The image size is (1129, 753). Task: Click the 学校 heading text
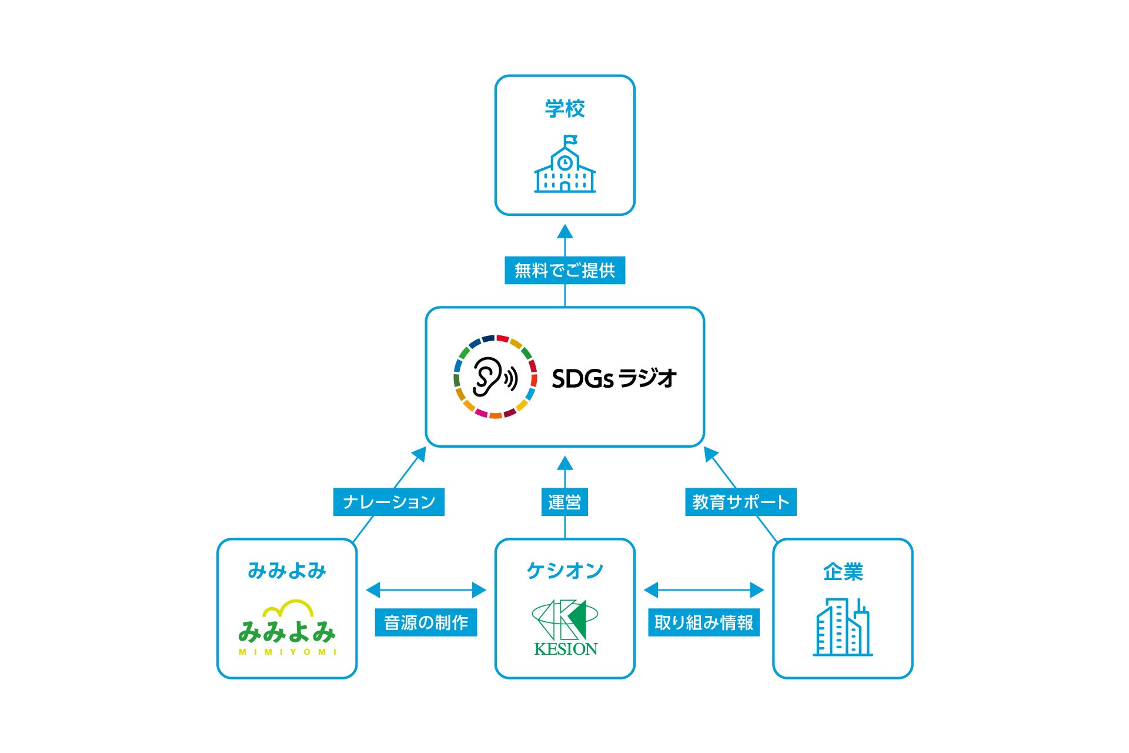pyautogui.click(x=564, y=109)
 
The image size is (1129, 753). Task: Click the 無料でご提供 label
pyautogui.click(x=564, y=271)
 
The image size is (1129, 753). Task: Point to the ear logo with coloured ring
pyautogui.click(x=495, y=376)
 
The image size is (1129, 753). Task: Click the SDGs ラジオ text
pyautogui.click(x=614, y=378)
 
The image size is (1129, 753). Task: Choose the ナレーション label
pyautogui.click(x=389, y=502)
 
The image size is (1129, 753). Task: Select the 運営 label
pyautogui.click(x=564, y=502)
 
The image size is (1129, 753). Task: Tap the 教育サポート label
pyautogui.click(x=740, y=502)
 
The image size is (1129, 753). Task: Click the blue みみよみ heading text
pyautogui.click(x=287, y=571)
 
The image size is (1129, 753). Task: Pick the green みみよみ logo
pyautogui.click(x=287, y=628)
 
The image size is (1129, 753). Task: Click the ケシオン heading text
pyautogui.click(x=564, y=571)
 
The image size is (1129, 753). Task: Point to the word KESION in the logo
pyautogui.click(x=566, y=649)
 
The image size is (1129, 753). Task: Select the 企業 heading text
pyautogui.click(x=843, y=572)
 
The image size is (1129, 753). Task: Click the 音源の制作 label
pyautogui.click(x=426, y=622)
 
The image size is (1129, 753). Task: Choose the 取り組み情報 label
pyautogui.click(x=703, y=622)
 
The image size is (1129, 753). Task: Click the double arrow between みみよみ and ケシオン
pyautogui.click(x=426, y=589)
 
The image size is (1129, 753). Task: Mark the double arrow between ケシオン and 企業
pyautogui.click(x=703, y=589)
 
